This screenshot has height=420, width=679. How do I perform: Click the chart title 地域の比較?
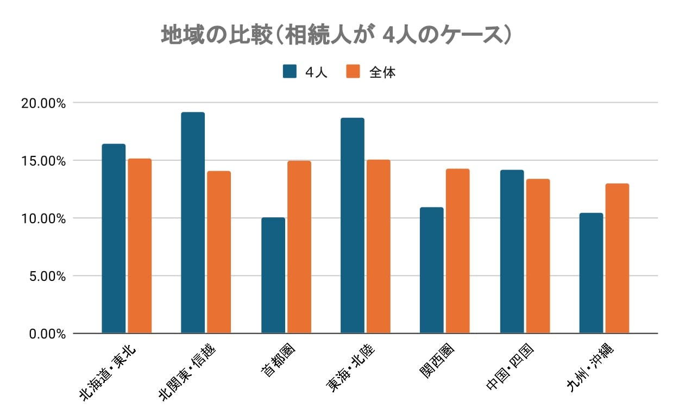(336, 35)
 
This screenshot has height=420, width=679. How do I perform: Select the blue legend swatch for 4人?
(290, 72)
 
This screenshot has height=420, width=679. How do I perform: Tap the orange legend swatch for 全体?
(354, 72)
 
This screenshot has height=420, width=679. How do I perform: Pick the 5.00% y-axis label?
(46, 276)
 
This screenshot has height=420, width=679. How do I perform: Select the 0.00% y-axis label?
(46, 334)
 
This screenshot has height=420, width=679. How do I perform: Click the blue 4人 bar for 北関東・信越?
(193, 223)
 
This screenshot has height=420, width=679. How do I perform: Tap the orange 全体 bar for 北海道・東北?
(140, 246)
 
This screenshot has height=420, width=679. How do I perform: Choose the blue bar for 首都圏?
(273, 275)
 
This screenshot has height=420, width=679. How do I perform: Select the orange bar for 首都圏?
(299, 247)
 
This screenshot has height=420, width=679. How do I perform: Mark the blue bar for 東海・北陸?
(353, 225)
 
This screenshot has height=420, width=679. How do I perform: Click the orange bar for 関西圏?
(458, 251)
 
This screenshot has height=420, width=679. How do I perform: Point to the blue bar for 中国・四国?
(512, 252)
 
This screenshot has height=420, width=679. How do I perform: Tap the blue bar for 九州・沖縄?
(591, 273)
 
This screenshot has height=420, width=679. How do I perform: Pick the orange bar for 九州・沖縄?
(618, 259)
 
